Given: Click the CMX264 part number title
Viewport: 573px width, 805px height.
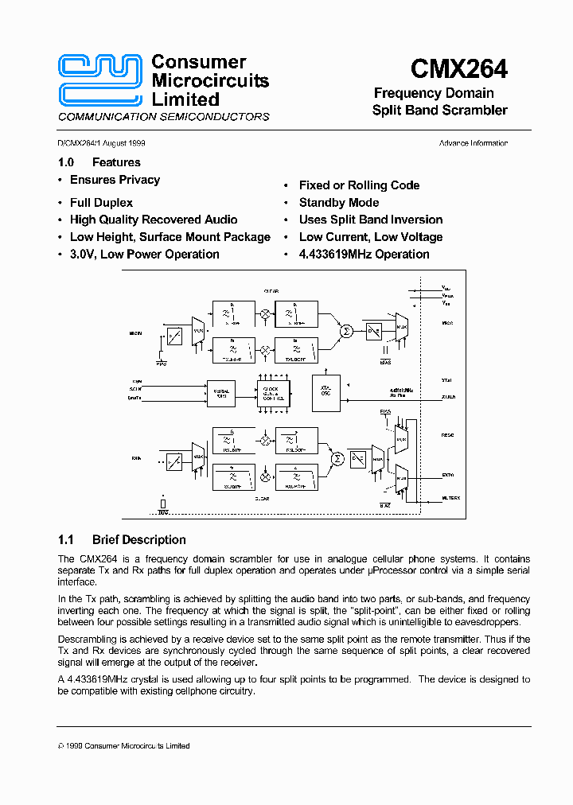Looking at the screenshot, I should (459, 69).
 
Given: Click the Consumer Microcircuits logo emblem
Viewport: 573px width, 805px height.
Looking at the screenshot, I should (100, 80).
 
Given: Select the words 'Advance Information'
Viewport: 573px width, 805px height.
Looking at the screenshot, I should (473, 143).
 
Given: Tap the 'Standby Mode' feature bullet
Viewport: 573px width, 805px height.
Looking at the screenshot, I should (339, 203).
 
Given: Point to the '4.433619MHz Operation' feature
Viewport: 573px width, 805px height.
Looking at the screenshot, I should (364, 255).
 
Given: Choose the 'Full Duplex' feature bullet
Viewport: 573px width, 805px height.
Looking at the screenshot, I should (101, 203).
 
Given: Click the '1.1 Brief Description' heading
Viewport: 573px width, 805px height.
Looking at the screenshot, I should (123, 539).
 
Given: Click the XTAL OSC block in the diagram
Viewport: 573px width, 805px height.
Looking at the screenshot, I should (325, 391).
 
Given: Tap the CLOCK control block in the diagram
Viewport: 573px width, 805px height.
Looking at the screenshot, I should (272, 392).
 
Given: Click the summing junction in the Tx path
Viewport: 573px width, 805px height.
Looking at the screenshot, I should (345, 330).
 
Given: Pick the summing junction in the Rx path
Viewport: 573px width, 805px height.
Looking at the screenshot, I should (337, 458).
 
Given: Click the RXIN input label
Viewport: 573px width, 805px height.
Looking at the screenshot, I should (135, 459).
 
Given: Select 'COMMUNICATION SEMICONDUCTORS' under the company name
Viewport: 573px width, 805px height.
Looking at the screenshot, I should (164, 117).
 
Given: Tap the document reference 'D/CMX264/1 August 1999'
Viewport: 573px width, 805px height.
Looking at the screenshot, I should (101, 143).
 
